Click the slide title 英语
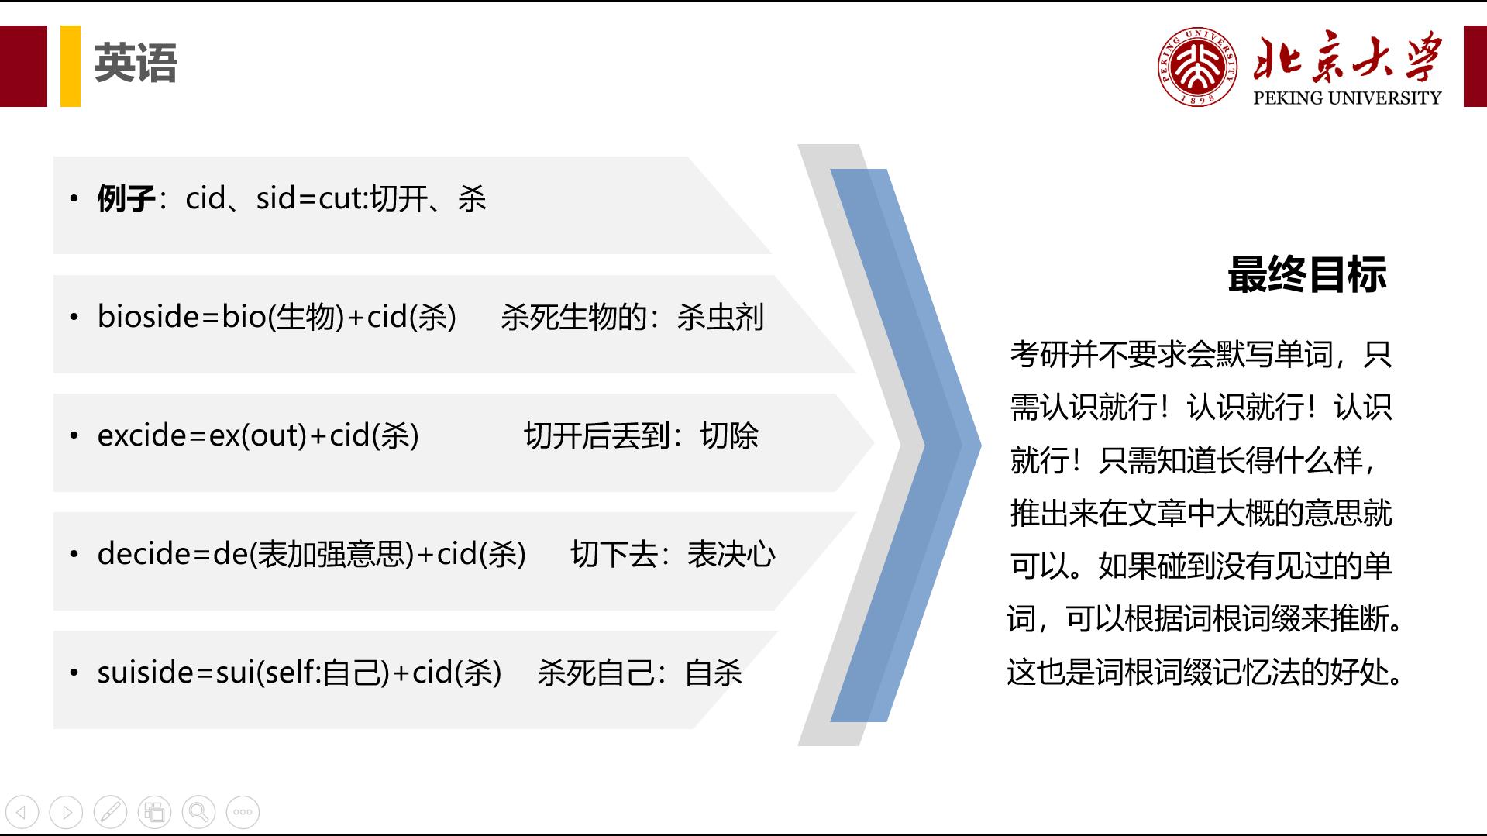pyautogui.click(x=136, y=64)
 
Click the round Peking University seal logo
pyautogui.click(x=1198, y=67)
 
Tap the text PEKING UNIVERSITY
pyautogui.click(x=1347, y=98)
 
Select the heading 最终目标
pyautogui.click(x=1306, y=275)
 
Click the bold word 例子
pyautogui.click(x=126, y=199)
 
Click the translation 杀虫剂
pyautogui.click(x=720, y=318)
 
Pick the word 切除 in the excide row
pyautogui.click(x=729, y=436)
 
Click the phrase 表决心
pyautogui.click(x=731, y=555)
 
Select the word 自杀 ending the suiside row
pyautogui.click(x=713, y=673)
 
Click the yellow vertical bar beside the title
pyautogui.click(x=71, y=66)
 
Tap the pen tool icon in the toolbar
pyautogui.click(x=110, y=812)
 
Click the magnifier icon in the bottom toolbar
pyautogui.click(x=198, y=812)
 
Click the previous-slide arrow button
pyautogui.click(x=22, y=812)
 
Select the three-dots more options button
pyautogui.click(x=243, y=812)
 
